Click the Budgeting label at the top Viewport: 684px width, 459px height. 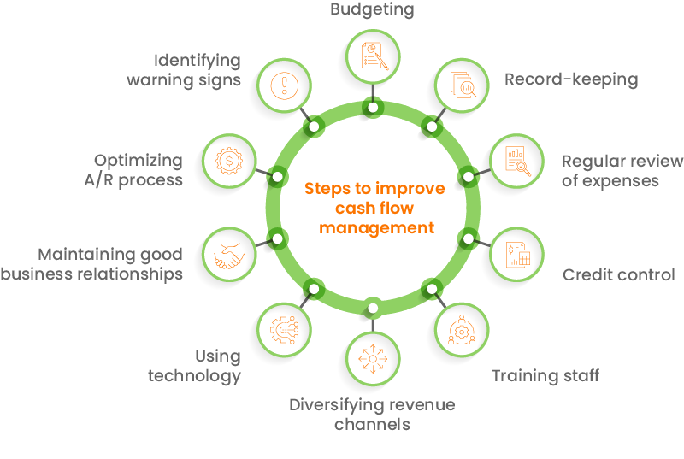372,10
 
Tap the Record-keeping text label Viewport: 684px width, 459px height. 571,79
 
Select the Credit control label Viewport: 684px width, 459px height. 618,274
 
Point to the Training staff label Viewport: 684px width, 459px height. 545,375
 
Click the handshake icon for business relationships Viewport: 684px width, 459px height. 228,255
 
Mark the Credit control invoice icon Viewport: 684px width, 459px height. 516,254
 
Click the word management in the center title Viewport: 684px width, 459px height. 374,228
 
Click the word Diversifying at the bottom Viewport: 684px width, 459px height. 339,404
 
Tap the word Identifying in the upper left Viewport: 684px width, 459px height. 198,61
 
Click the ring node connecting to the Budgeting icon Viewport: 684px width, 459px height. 374,107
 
